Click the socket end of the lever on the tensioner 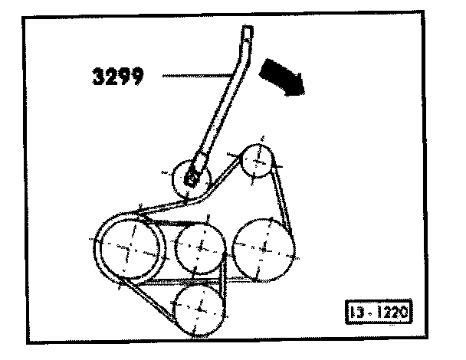pos(197,172)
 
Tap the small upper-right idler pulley pos(257,161)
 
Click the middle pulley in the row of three pos(200,247)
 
